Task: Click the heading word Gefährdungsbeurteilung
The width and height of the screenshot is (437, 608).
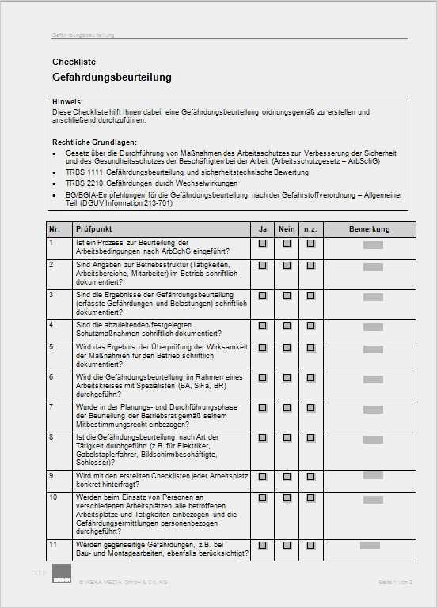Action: pyautogui.click(x=111, y=77)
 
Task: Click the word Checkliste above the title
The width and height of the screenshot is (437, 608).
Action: pyautogui.click(x=74, y=61)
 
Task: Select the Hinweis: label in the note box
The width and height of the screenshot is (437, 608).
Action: pyautogui.click(x=66, y=103)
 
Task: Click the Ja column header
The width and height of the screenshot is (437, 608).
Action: pyautogui.click(x=262, y=229)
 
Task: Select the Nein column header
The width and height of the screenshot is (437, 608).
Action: pyautogui.click(x=287, y=229)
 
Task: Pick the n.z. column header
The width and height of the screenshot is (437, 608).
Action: pyautogui.click(x=310, y=229)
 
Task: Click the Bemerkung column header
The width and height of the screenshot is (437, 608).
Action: pyautogui.click(x=370, y=229)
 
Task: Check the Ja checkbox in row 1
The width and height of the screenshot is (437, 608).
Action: pyautogui.click(x=262, y=244)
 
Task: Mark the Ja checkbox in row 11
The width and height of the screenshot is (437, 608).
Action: pyautogui.click(x=262, y=545)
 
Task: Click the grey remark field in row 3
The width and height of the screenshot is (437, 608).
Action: pyautogui.click(x=373, y=296)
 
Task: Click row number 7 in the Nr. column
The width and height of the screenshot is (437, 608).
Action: pyautogui.click(x=51, y=406)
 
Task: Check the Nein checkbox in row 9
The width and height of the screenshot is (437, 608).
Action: pyautogui.click(x=287, y=475)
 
